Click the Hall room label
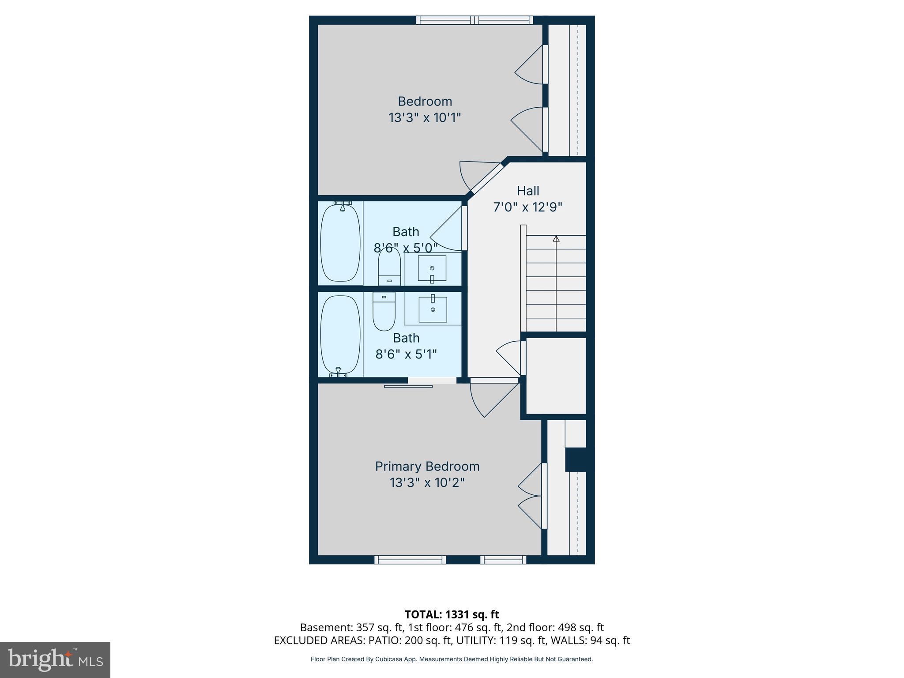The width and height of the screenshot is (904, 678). (528, 191)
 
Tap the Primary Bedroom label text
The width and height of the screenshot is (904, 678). (427, 466)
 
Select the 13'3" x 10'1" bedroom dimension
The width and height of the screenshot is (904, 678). (425, 118)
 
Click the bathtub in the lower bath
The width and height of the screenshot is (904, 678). (339, 335)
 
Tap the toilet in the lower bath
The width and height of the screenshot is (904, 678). (384, 311)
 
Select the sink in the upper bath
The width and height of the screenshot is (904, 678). (432, 268)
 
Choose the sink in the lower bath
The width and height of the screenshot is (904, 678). (433, 309)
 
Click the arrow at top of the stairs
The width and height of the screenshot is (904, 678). (556, 239)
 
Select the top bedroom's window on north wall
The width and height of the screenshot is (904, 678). (475, 20)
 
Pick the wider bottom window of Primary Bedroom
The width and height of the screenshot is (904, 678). (410, 560)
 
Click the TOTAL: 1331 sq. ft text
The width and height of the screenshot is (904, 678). (452, 614)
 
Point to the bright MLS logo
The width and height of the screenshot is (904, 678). (55, 659)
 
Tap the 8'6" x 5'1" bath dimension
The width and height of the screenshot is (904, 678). (406, 354)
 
